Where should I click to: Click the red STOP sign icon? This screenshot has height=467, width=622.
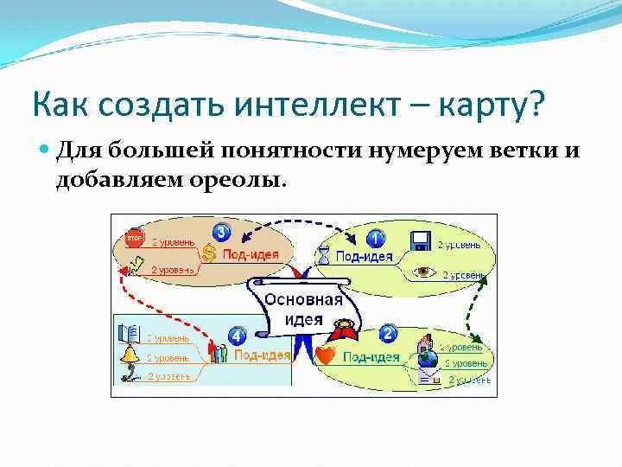(x=134, y=239)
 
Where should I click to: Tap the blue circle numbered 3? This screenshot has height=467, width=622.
(x=222, y=232)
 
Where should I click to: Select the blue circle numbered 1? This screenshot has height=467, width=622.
(x=376, y=238)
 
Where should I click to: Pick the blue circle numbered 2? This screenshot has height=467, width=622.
(x=388, y=334)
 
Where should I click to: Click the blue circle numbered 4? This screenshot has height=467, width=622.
(x=237, y=335)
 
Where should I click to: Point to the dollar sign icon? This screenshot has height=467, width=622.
(x=210, y=253)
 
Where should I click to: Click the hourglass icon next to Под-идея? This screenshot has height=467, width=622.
(x=323, y=256)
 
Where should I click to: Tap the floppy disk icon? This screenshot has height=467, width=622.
(x=421, y=241)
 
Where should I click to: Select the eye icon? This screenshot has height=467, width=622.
(x=423, y=272)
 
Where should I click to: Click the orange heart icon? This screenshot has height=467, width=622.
(x=326, y=355)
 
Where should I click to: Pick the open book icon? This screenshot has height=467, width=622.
(x=129, y=333)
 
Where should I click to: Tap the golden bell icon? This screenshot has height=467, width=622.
(x=130, y=354)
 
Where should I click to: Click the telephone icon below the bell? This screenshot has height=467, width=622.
(x=130, y=374)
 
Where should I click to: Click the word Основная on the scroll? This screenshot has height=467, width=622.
(x=303, y=300)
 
